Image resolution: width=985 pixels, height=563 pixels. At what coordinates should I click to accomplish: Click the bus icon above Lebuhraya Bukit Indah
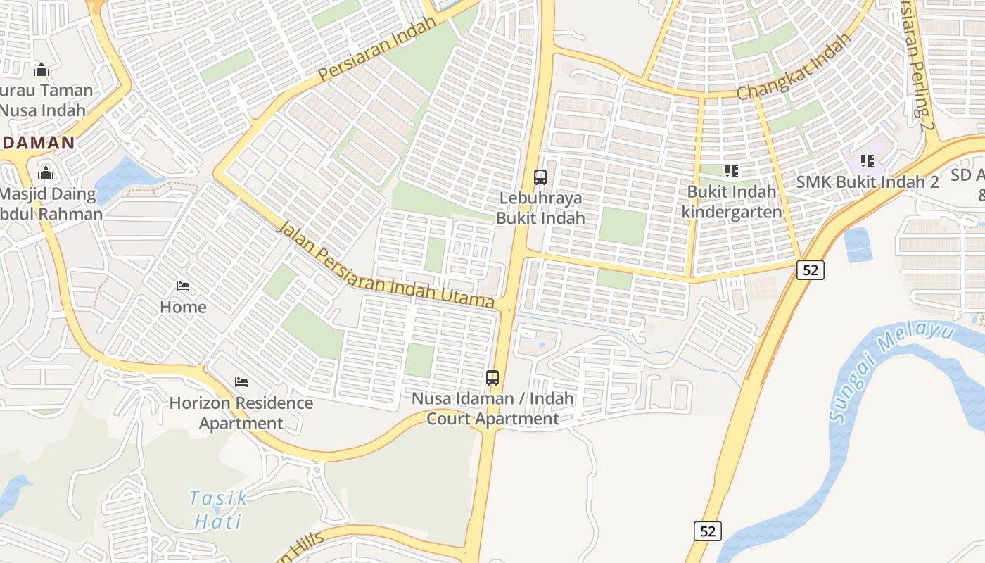point(540,177)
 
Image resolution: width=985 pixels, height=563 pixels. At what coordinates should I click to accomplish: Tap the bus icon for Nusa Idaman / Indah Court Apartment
point(493,378)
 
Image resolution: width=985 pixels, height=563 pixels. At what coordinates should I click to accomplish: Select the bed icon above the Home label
point(183,286)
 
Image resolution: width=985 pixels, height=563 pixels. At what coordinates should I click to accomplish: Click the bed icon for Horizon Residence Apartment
point(241,382)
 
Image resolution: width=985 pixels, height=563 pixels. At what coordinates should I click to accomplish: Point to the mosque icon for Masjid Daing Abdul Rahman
point(46,173)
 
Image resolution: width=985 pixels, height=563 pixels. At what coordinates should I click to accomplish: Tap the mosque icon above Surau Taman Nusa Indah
point(42,70)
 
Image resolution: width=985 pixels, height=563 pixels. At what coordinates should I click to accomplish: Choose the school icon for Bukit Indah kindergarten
point(732,170)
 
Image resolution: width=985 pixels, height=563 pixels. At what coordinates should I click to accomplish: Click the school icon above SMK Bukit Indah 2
point(868,161)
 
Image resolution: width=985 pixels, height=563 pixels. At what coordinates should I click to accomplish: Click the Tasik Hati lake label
point(218,510)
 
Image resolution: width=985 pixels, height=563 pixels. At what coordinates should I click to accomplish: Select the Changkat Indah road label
point(794,68)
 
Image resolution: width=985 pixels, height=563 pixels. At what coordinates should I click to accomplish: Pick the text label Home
point(183,307)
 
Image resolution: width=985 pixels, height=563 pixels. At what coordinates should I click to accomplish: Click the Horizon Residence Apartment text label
point(241,413)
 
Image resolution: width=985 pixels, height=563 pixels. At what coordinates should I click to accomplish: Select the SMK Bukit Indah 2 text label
point(868,182)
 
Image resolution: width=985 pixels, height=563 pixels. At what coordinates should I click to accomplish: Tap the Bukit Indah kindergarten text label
point(732,202)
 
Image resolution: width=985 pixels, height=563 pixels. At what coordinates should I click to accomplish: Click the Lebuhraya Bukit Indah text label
point(540,208)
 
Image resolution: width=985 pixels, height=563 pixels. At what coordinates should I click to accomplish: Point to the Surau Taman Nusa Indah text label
point(45,100)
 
